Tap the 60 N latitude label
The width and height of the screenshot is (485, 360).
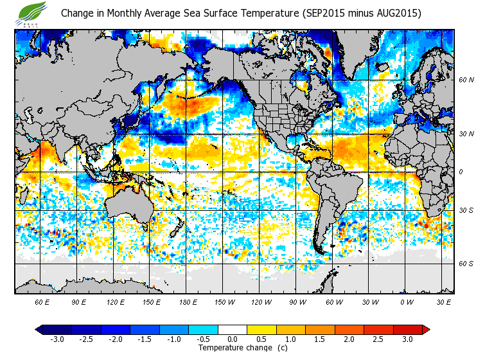click(x=466, y=80)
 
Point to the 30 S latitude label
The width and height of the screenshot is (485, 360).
click(x=466, y=210)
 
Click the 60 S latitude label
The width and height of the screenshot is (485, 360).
click(x=466, y=264)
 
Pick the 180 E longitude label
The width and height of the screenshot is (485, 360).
click(x=188, y=301)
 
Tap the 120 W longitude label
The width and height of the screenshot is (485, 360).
click(x=261, y=301)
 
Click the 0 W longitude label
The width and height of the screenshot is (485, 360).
click(x=406, y=301)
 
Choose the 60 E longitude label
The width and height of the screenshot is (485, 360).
click(x=42, y=301)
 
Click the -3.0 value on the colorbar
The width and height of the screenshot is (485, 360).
click(x=57, y=339)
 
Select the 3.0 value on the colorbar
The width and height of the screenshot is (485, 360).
click(x=408, y=339)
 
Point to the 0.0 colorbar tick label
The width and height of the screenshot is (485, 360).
click(x=233, y=339)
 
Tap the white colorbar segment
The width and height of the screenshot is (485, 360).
click(x=233, y=329)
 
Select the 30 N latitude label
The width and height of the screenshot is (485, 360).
click(x=466, y=134)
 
